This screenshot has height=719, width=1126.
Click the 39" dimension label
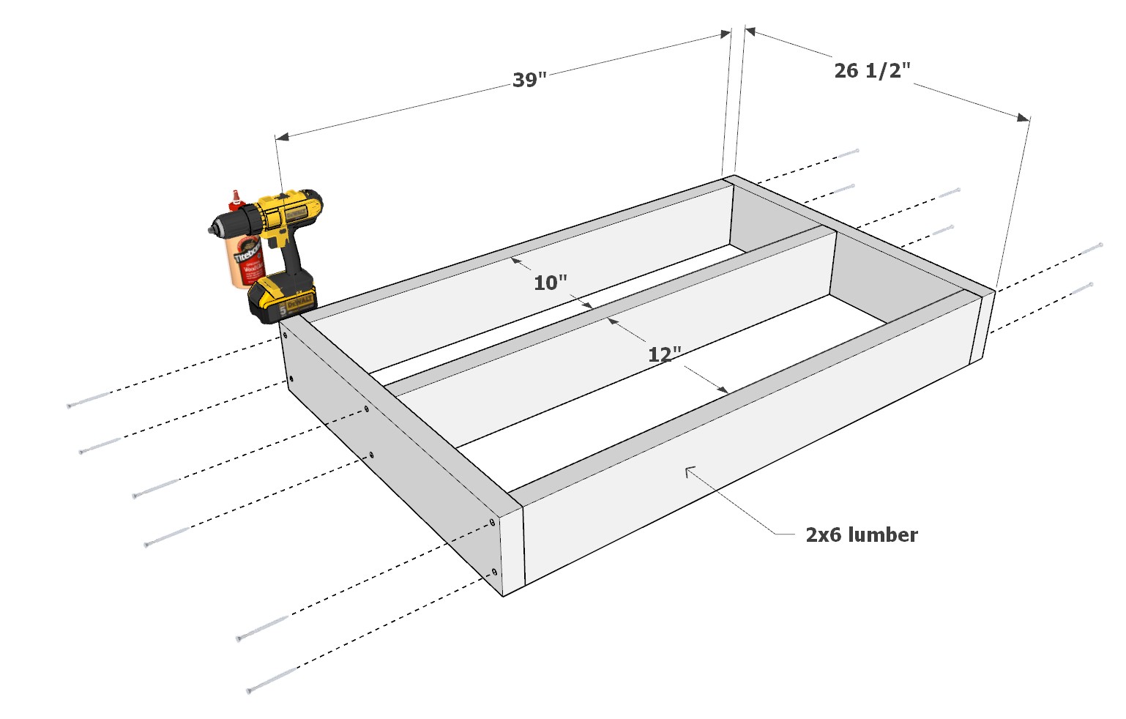pyautogui.click(x=529, y=79)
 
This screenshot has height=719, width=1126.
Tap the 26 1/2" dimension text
pyautogui.click(x=872, y=70)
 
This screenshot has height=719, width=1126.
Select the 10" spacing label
pyautogui.click(x=550, y=283)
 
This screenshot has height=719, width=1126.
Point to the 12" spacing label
pyautogui.click(x=664, y=354)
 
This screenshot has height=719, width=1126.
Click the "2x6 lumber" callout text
pyautogui.click(x=861, y=534)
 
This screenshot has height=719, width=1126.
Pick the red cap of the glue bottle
pyautogui.click(x=236, y=196)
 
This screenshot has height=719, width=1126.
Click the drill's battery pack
pyautogui.click(x=283, y=299)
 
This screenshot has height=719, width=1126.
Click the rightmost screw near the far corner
pyautogui.click(x=1091, y=248)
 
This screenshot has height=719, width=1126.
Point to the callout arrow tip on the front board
pyautogui.click(x=687, y=469)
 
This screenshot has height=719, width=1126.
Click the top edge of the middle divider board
pyautogui.click(x=608, y=307)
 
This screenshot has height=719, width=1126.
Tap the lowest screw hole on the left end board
pyautogui.click(x=495, y=571)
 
